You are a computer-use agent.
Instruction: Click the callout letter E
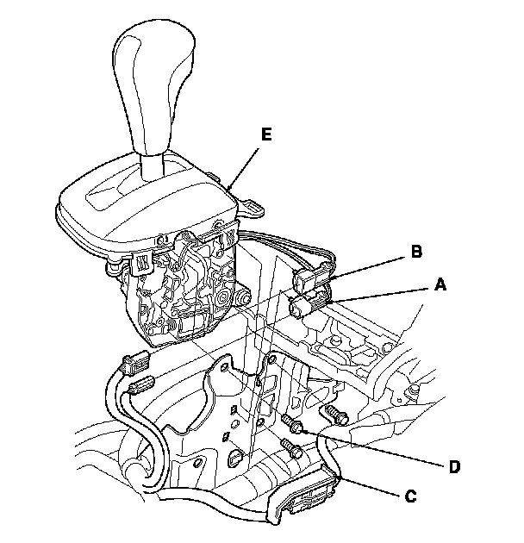click(265, 135)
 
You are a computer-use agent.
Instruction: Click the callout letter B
click(415, 253)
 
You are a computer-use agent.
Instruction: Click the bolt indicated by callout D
click(290, 422)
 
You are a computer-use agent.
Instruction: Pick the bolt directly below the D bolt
click(292, 449)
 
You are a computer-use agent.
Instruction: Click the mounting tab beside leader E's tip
click(252, 206)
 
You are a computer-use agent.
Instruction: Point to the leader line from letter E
click(246, 164)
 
